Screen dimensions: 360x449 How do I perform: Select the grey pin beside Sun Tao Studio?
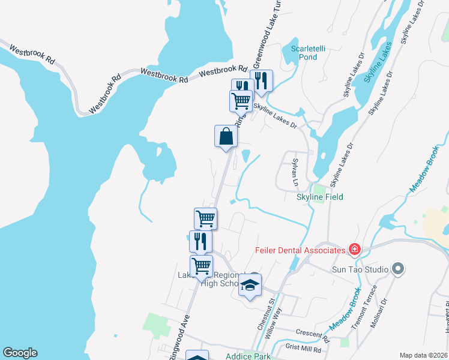pyautogui.click(x=397, y=269)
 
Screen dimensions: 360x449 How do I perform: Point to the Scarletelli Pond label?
pyautogui.click(x=303, y=52)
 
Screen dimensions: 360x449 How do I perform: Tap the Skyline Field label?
pyautogui.click(x=320, y=197)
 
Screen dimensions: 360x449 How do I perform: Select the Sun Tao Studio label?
pyautogui.click(x=360, y=269)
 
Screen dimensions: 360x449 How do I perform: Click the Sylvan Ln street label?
pyautogui.click(x=295, y=172)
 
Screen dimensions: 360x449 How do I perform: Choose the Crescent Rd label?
pyautogui.click(x=313, y=332)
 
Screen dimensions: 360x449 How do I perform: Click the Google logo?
pyautogui.click(x=20, y=353)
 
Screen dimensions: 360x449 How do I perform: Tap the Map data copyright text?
pyautogui.click(x=423, y=355)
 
